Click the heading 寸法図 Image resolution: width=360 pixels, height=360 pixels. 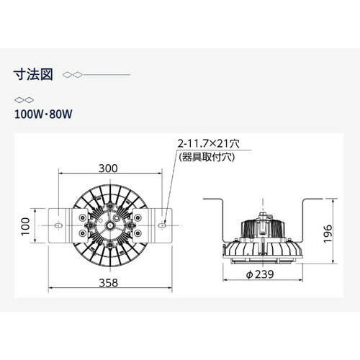click(x=33, y=74)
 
